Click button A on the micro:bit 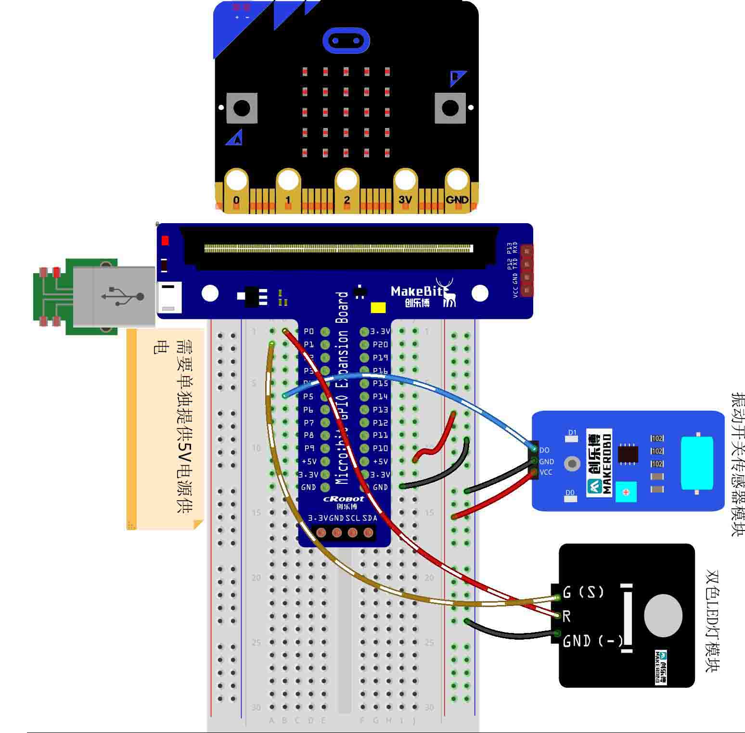pyautogui.click(x=242, y=108)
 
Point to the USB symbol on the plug pyautogui.click(x=123, y=295)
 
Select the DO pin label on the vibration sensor pyautogui.click(x=544, y=450)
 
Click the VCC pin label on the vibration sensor pyautogui.click(x=546, y=472)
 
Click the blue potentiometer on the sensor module pyautogui.click(x=626, y=492)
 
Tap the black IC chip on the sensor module pyautogui.click(x=628, y=454)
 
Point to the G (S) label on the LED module pyautogui.click(x=583, y=593)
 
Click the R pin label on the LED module pyautogui.click(x=566, y=616)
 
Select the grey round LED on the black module pyautogui.click(x=663, y=616)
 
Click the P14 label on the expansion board pyautogui.click(x=380, y=396)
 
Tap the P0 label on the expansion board pyautogui.click(x=309, y=331)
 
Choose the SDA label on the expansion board pyautogui.click(x=370, y=518)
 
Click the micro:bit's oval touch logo pyautogui.click(x=346, y=40)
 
